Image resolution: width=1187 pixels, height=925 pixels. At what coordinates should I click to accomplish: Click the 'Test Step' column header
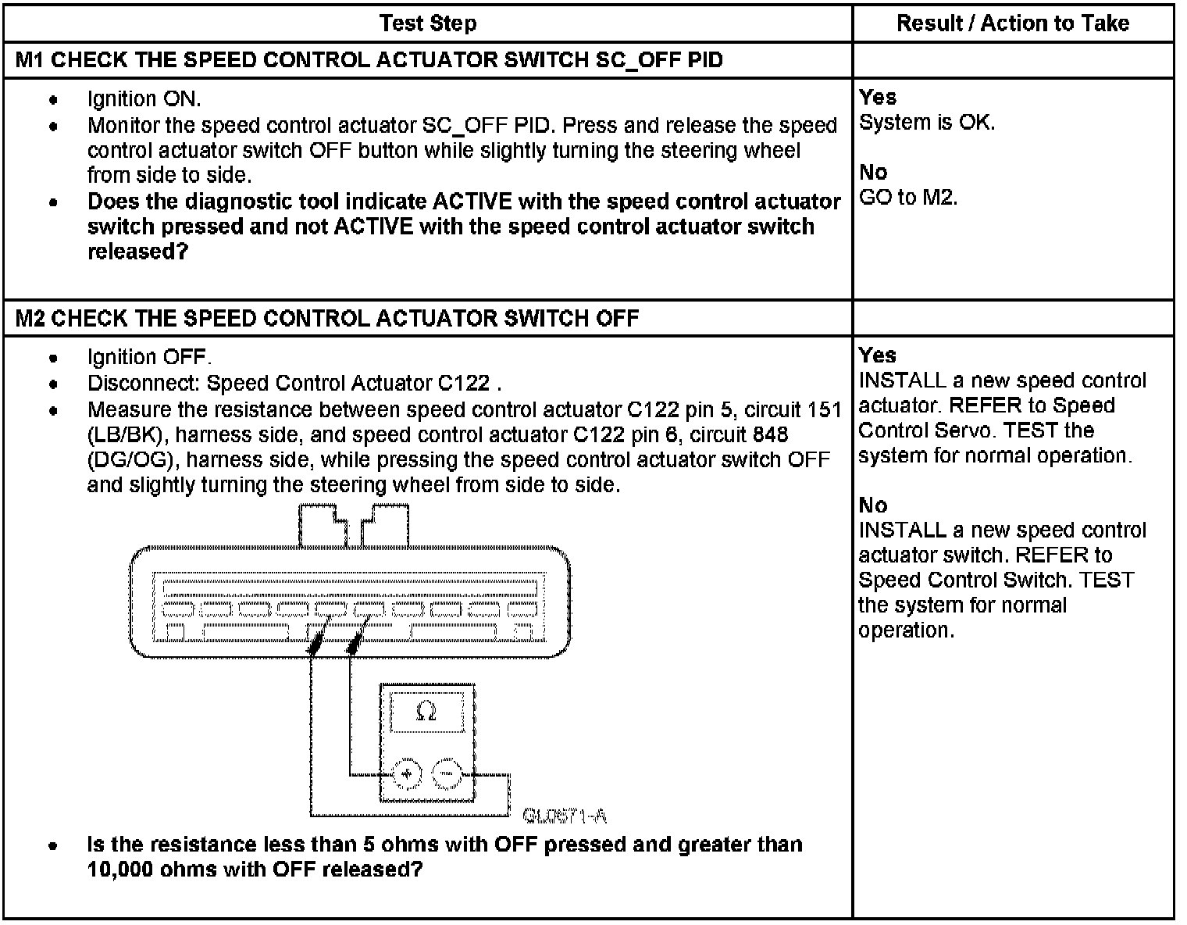click(x=428, y=23)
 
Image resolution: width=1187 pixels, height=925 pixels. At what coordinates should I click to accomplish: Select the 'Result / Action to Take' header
click(x=1013, y=23)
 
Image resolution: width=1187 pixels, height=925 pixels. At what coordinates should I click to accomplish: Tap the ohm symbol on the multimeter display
click(x=426, y=712)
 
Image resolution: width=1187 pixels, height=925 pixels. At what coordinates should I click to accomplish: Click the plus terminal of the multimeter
click(x=406, y=775)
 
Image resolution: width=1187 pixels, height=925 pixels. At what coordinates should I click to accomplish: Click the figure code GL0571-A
click(x=565, y=816)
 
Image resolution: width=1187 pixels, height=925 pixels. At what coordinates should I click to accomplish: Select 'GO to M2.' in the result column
click(x=907, y=197)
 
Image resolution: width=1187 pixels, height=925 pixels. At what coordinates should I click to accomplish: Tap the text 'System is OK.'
click(x=927, y=123)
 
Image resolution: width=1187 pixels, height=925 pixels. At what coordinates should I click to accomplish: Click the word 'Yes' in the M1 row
click(x=878, y=98)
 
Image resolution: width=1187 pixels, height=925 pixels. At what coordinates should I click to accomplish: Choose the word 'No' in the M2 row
click(x=873, y=505)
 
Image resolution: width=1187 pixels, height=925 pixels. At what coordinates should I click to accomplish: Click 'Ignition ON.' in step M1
click(x=144, y=99)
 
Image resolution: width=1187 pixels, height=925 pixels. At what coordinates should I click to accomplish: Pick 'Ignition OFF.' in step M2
click(x=149, y=358)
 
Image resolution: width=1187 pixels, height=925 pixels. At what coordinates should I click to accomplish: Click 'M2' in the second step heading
click(x=30, y=318)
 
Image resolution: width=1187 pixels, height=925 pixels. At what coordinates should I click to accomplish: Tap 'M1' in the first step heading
click(x=30, y=60)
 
